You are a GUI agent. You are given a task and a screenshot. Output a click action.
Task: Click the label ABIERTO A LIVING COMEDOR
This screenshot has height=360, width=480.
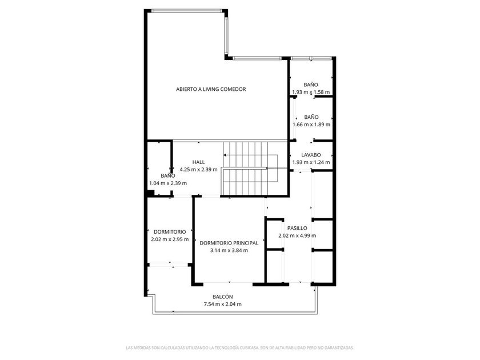click(211, 89)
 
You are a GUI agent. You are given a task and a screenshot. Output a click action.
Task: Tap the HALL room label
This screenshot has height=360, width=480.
click(198, 162)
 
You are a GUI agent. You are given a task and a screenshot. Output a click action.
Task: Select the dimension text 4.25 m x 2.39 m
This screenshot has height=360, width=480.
click(198, 169)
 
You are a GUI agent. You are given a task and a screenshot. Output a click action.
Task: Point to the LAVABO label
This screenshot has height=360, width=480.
click(311, 155)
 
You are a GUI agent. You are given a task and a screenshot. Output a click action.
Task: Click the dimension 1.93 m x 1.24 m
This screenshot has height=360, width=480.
click(311, 162)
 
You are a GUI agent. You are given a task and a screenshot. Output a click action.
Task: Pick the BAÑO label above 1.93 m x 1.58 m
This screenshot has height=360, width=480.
click(311, 85)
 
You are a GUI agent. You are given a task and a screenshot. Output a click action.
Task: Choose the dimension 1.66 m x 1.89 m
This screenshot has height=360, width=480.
click(311, 125)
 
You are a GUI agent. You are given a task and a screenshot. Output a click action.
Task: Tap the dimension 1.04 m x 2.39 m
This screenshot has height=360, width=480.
click(168, 183)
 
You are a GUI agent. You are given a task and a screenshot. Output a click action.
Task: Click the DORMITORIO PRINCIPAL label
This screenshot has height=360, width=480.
click(229, 243)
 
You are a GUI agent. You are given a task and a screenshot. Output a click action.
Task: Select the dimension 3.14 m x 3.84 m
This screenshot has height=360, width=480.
click(229, 250)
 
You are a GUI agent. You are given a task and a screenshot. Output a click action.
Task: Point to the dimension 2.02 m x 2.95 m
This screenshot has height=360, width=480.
click(170, 239)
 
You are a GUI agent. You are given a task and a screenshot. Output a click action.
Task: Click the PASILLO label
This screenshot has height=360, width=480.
click(297, 228)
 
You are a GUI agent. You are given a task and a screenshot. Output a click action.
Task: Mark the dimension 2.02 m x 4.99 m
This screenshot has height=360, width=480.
click(297, 235)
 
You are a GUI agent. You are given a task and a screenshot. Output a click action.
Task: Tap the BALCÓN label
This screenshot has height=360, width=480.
click(222, 297)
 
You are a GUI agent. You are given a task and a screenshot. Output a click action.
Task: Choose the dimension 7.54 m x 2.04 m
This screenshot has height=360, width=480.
click(222, 304)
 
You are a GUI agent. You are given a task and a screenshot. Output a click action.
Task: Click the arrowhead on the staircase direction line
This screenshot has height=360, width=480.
click(225, 155)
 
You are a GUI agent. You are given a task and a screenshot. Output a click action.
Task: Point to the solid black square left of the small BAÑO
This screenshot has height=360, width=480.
click(150, 194)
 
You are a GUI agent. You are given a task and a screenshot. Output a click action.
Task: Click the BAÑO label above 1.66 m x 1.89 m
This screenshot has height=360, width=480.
click(311, 117)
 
